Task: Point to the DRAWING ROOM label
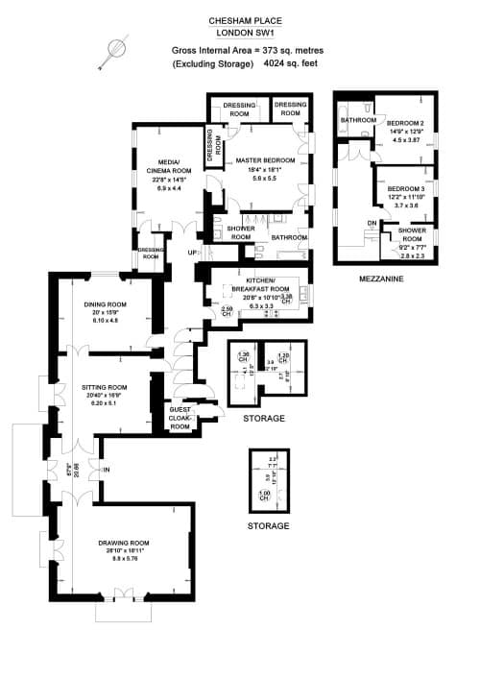tap(127, 544)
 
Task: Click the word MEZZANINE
tap(381, 279)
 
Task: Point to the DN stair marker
tap(372, 223)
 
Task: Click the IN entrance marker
tap(108, 469)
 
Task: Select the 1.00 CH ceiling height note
tap(264, 497)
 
